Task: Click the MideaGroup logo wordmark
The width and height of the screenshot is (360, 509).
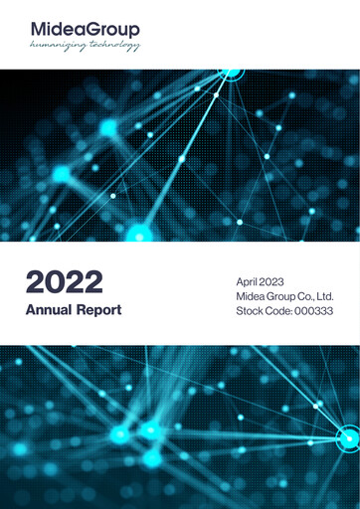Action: point(85,30)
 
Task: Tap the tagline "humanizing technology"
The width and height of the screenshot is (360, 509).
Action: point(85,46)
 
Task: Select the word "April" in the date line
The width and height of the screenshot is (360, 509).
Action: point(248,282)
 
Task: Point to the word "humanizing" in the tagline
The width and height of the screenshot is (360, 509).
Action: point(59,46)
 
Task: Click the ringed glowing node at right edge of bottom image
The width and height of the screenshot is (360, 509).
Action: point(349,437)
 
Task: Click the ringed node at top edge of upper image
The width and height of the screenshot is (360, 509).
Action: point(231,71)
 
